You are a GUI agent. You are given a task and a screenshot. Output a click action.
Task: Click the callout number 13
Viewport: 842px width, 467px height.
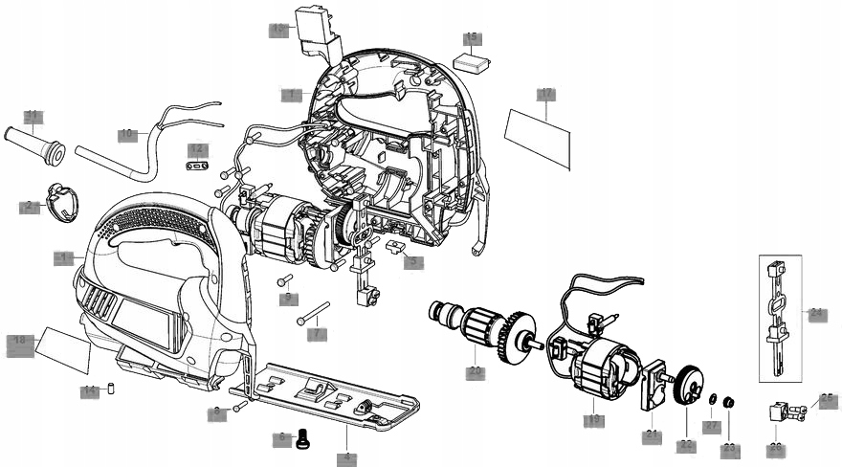click(278, 30)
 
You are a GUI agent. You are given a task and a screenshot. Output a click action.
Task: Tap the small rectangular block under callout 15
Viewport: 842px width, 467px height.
click(473, 61)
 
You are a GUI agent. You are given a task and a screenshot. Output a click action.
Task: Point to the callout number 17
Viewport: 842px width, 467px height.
click(545, 94)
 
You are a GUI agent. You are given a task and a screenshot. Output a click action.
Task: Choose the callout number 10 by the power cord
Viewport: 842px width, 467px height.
click(127, 135)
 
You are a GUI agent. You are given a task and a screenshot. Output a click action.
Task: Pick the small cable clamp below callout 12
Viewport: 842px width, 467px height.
click(197, 166)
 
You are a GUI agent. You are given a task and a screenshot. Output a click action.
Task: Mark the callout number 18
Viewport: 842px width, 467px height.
click(20, 341)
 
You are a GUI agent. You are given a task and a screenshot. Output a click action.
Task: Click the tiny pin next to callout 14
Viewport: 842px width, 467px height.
click(109, 389)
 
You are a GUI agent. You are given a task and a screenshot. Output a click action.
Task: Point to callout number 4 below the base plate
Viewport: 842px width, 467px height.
click(347, 458)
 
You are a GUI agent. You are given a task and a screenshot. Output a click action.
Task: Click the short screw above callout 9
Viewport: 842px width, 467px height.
click(285, 281)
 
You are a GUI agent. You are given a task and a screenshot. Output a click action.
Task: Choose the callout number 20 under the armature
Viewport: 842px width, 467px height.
click(475, 371)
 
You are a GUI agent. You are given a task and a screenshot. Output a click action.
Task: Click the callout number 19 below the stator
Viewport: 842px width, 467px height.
click(593, 419)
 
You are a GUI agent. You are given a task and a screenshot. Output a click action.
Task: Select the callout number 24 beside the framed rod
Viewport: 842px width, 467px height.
click(816, 313)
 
